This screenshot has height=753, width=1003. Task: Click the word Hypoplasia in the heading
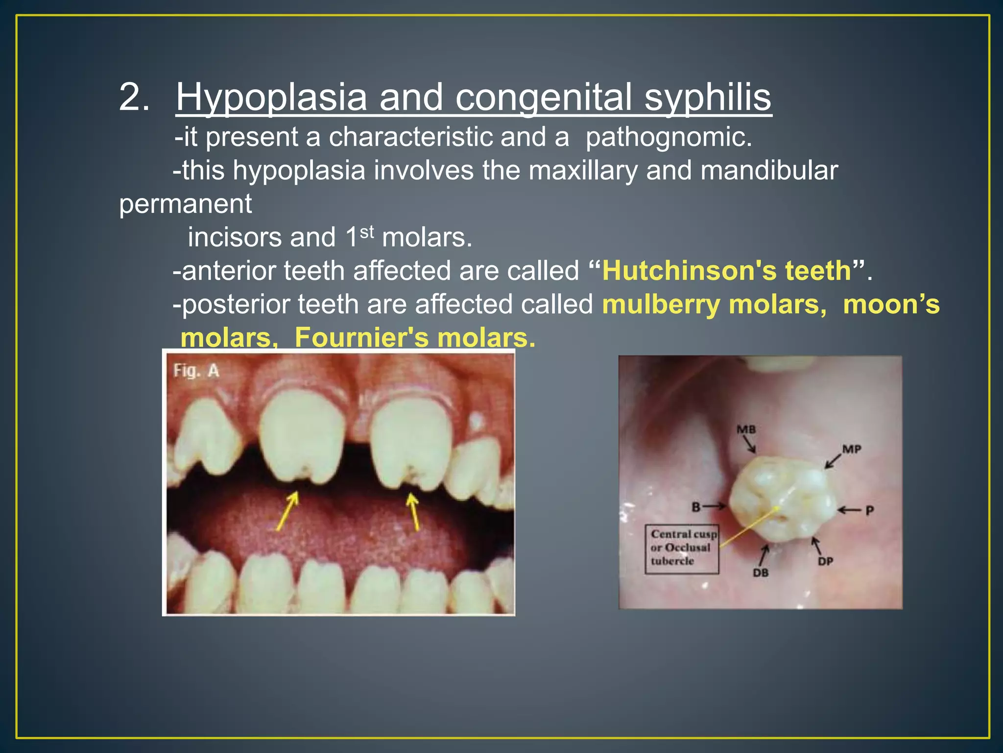point(271,97)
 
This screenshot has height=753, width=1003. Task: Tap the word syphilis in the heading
point(707,97)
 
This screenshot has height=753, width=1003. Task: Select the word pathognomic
point(669,137)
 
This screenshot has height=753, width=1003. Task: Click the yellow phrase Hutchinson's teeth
point(727,271)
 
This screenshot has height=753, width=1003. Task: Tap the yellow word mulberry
point(661,304)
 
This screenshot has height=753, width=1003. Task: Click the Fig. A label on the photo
point(196,371)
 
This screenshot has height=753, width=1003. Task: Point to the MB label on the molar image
point(746,430)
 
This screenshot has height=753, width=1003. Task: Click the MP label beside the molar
point(852,449)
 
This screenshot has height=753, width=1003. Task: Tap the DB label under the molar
point(760,572)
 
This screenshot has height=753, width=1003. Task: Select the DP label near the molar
point(825,561)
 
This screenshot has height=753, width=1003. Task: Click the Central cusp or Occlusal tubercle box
point(682,548)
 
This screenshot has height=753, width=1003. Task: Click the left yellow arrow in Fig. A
point(287,511)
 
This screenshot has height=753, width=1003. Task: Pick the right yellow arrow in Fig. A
point(414,511)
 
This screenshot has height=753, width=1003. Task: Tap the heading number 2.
point(134,97)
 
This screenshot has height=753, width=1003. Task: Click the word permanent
point(186,204)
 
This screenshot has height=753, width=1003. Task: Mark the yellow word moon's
point(891,304)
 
